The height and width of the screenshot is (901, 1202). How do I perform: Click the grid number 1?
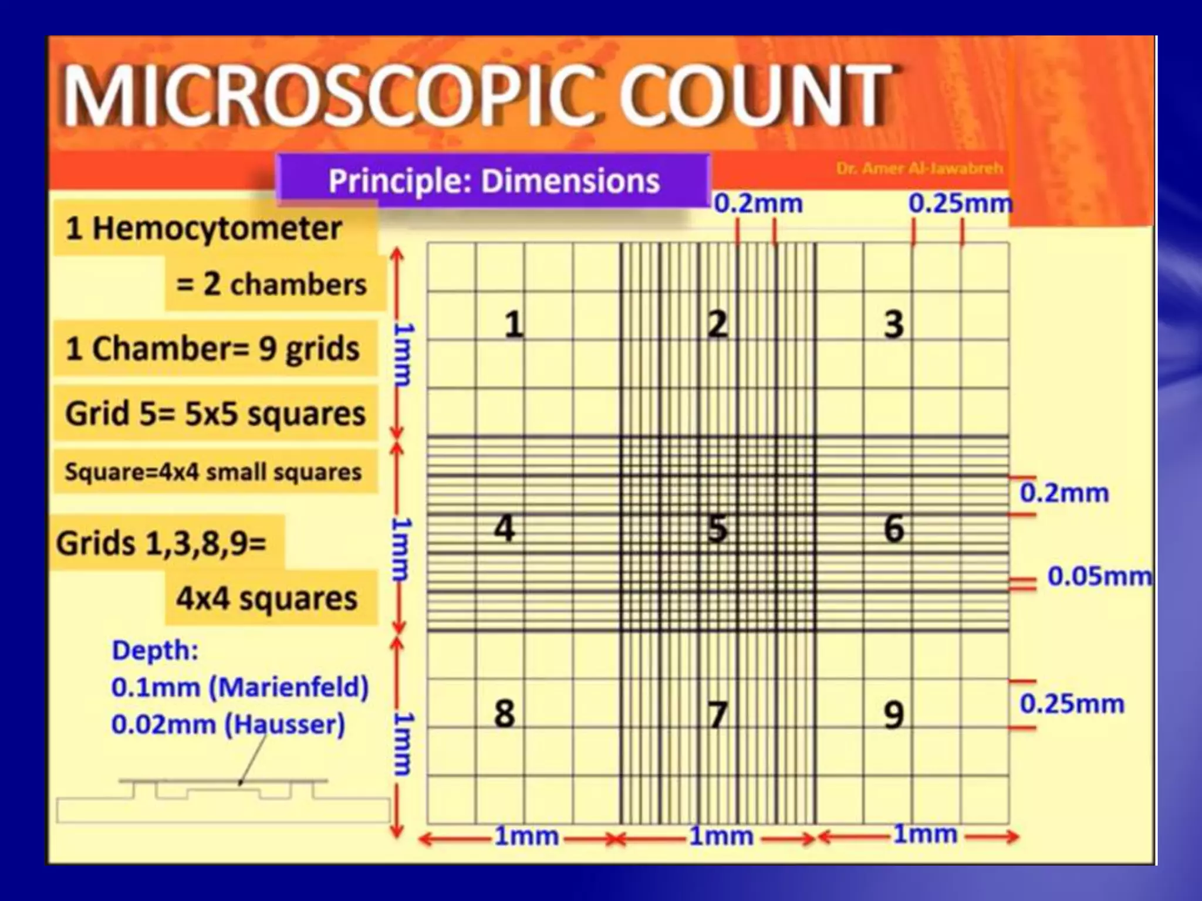click(514, 324)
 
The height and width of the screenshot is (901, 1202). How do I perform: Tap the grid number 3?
click(893, 324)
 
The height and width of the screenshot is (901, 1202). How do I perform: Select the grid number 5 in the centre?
click(717, 528)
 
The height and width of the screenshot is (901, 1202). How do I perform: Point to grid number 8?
click(504, 714)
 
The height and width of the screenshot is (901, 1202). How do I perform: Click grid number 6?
click(893, 528)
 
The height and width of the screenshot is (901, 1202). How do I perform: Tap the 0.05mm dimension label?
click(1099, 577)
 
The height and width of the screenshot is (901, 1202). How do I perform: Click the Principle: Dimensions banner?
click(494, 181)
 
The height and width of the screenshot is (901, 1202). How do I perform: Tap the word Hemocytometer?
click(217, 228)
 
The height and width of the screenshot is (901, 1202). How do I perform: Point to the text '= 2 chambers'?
click(271, 284)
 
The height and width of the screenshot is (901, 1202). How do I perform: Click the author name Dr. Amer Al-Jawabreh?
click(919, 169)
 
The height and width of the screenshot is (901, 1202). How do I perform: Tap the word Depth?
click(155, 651)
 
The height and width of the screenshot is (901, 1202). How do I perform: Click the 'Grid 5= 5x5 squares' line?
click(215, 414)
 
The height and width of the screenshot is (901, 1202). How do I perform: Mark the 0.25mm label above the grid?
click(960, 204)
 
